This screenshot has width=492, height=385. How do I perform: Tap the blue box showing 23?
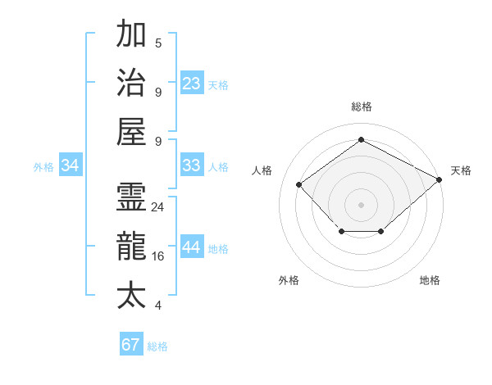tap(192, 83)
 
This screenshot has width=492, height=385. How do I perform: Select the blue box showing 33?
tap(192, 165)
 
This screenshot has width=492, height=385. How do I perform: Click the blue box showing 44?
tap(192, 248)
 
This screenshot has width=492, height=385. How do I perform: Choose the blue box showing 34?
tap(71, 165)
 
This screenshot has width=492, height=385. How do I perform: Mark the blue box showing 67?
tap(131, 344)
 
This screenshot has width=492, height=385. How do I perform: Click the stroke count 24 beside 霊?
tap(158, 207)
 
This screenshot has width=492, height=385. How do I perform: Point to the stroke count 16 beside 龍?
tap(158, 256)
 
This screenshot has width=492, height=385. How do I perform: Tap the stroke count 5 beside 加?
tap(158, 43)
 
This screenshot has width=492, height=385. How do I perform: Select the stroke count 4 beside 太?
tap(158, 306)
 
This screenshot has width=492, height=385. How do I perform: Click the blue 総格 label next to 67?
tap(157, 346)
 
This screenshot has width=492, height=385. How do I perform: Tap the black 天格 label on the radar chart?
tap(461, 170)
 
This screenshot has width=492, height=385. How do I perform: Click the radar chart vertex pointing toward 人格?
tap(299, 184)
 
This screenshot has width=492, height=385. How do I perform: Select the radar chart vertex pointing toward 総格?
tap(361, 140)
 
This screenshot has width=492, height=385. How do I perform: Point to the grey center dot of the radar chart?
tap(361, 204)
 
